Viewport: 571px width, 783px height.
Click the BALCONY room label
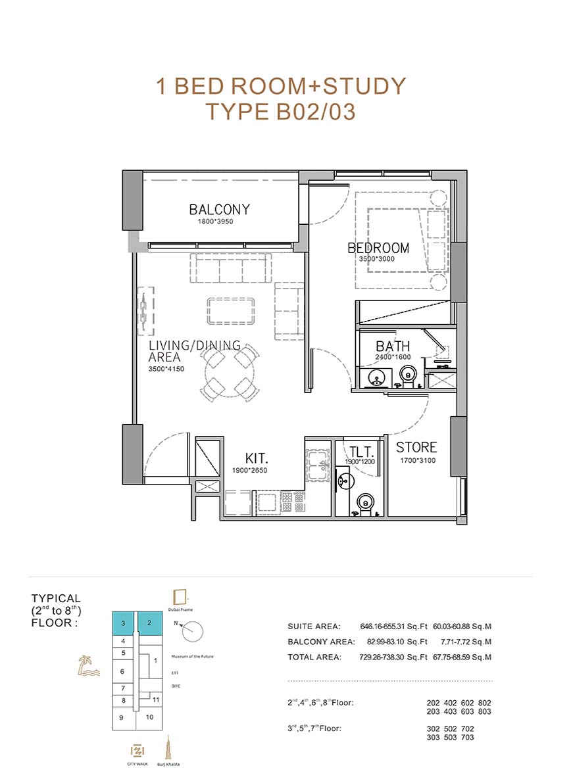[x=219, y=209]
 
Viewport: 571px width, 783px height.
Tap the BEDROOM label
[x=378, y=248]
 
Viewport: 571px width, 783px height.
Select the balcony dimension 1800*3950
[x=215, y=222]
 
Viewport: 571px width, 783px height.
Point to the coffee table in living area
[x=231, y=311]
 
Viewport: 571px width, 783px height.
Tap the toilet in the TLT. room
[x=366, y=503]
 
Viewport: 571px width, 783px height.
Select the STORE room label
[x=416, y=448]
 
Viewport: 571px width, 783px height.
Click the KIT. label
[x=257, y=458]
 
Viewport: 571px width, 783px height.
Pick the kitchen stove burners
[x=293, y=502]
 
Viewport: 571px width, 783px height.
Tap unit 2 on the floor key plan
[x=150, y=623]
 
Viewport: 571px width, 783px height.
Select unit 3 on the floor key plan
[x=123, y=623]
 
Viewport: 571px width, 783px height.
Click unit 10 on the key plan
[x=150, y=717]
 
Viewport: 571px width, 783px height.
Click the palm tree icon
[x=88, y=666]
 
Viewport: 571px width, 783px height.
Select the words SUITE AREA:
[x=314, y=626]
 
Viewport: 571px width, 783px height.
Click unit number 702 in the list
[x=468, y=728]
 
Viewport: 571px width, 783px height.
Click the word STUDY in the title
[x=364, y=86]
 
